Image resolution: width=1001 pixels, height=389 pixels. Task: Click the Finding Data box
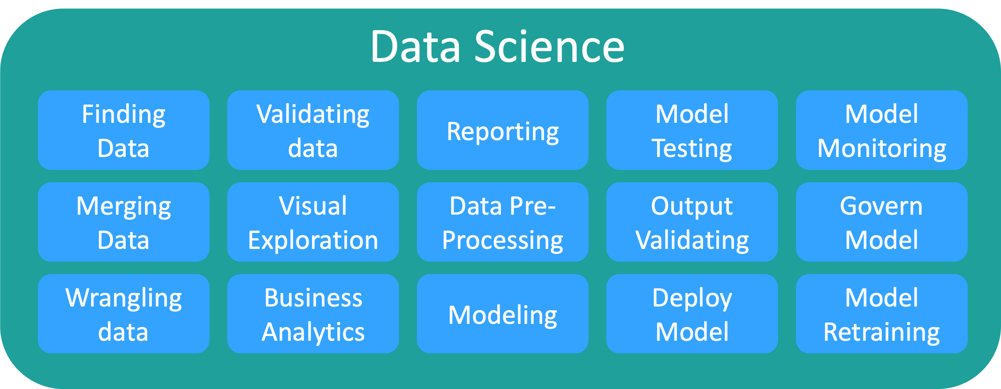tap(124, 130)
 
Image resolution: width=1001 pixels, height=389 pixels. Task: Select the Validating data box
tap(313, 130)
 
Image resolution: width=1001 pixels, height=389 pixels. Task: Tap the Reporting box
tap(503, 130)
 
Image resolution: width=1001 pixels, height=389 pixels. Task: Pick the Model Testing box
tap(692, 130)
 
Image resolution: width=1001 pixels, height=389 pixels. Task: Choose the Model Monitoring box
tap(882, 130)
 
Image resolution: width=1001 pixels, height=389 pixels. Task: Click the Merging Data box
tap(124, 222)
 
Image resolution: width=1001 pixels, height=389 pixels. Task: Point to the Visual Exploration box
tap(313, 222)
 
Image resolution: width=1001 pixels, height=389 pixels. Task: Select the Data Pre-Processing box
tap(503, 222)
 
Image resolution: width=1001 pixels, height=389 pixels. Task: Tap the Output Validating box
tap(692, 222)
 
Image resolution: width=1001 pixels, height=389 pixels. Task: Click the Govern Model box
tap(882, 222)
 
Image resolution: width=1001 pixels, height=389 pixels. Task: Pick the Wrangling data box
tap(124, 314)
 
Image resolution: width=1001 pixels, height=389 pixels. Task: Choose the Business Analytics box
tap(313, 314)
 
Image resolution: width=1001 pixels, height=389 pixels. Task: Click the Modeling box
tap(503, 314)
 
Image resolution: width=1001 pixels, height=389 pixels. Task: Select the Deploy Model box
tap(692, 314)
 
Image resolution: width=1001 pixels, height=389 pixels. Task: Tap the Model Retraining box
tap(882, 314)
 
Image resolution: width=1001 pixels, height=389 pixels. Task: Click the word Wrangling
tap(124, 299)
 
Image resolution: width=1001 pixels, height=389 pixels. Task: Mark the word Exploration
tap(313, 241)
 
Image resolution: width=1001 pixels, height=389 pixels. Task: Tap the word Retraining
tap(882, 333)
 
